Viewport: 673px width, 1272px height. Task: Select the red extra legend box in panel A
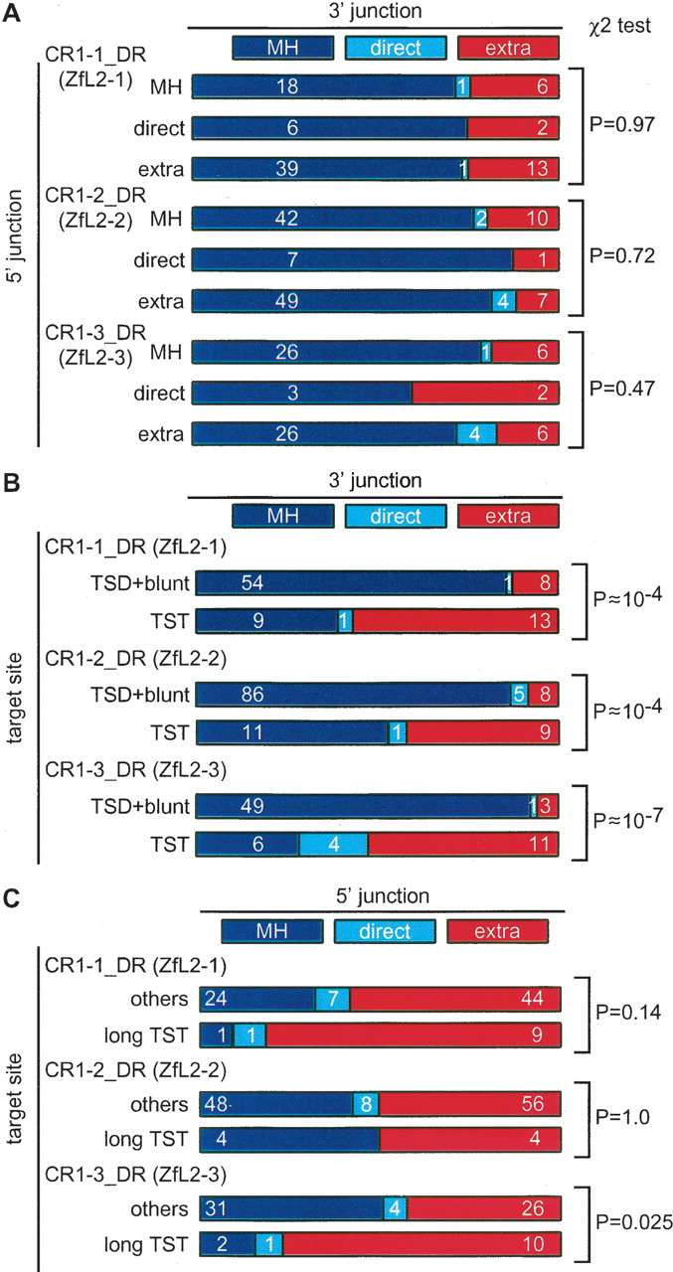coord(508,47)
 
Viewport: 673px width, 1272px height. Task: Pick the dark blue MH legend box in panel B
coord(281,515)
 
